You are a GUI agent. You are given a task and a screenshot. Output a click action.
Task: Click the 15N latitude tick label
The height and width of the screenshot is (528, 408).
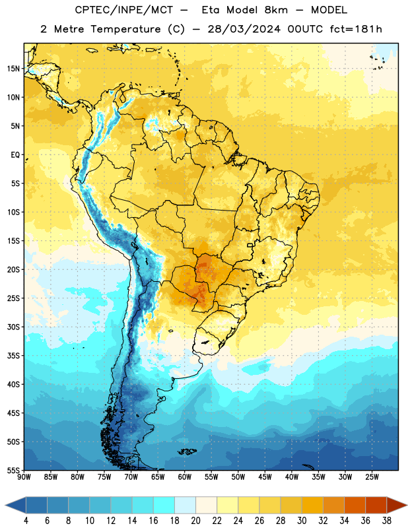pyautogui.click(x=13, y=69)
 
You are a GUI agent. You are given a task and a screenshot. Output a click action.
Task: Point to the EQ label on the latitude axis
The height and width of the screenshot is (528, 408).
pyautogui.click(x=15, y=155)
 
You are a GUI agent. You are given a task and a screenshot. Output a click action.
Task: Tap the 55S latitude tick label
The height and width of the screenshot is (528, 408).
pyautogui.click(x=13, y=471)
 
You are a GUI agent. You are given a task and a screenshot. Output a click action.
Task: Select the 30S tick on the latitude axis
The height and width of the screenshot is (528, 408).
pyautogui.click(x=13, y=327)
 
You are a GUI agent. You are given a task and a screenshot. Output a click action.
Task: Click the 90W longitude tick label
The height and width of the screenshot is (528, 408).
pyautogui.click(x=24, y=477)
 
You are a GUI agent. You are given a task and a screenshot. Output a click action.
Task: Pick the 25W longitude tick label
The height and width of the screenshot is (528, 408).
pyautogui.click(x=372, y=477)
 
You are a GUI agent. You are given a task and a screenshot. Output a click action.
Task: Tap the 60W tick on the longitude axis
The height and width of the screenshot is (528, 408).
pyautogui.click(x=185, y=477)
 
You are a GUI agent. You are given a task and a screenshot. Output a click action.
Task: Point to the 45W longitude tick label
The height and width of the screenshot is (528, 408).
pyautogui.click(x=265, y=477)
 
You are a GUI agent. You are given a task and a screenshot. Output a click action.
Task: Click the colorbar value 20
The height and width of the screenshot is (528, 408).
pyautogui.click(x=195, y=521)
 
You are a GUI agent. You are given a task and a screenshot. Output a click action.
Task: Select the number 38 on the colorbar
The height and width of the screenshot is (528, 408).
pyautogui.click(x=387, y=521)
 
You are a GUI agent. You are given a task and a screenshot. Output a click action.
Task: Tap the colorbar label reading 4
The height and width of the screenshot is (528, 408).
pyautogui.click(x=26, y=521)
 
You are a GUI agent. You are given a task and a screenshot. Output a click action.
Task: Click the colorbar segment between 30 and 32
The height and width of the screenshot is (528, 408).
pyautogui.click(x=312, y=505)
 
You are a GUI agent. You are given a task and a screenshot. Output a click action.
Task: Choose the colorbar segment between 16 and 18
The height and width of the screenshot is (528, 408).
pyautogui.click(x=164, y=505)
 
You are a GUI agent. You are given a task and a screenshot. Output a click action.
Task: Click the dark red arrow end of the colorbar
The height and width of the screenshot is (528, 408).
pyautogui.click(x=397, y=505)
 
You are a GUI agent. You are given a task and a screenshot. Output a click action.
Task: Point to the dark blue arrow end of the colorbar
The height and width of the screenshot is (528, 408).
pyautogui.click(x=16, y=505)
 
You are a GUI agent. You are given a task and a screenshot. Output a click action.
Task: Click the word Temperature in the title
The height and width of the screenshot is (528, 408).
pyautogui.click(x=126, y=29)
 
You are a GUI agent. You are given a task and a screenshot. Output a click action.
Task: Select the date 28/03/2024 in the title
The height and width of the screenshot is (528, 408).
pyautogui.click(x=244, y=29)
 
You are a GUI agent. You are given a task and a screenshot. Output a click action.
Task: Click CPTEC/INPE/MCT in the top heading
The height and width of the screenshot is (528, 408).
pyautogui.click(x=123, y=10)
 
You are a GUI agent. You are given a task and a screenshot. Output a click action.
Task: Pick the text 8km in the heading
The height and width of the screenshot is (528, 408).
pyautogui.click(x=276, y=10)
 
